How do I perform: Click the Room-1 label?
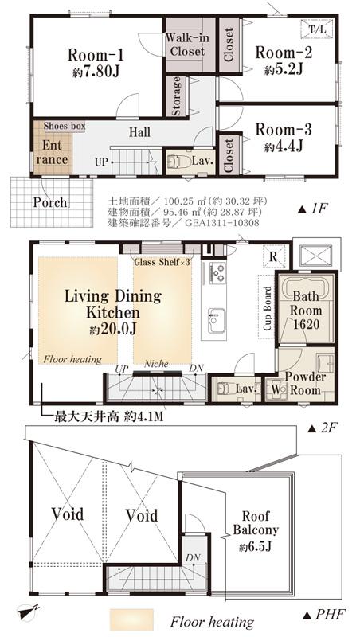(x=96, y=55)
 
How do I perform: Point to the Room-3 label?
(x=284, y=130)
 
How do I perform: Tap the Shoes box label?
(x=64, y=125)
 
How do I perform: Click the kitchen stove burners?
(x=216, y=273)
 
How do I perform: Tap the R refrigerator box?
(x=273, y=256)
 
